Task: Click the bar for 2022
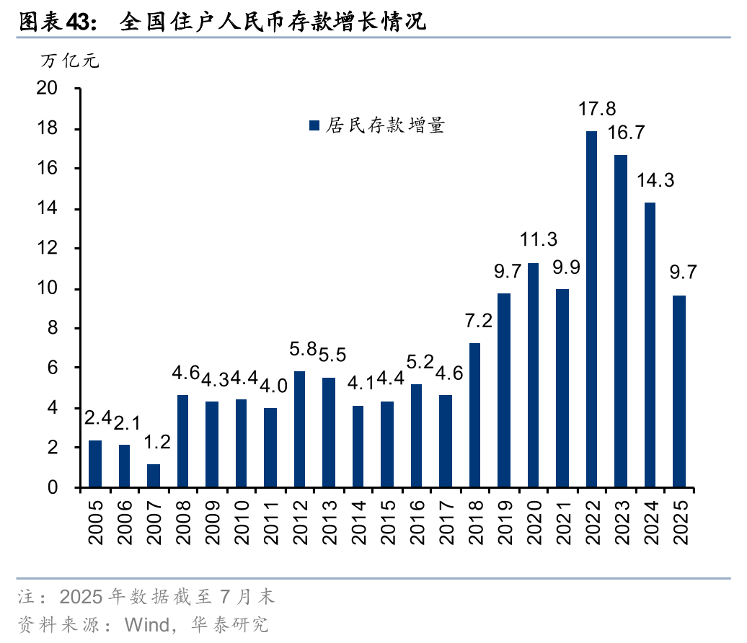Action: click(591, 309)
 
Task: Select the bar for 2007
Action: click(154, 476)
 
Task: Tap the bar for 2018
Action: click(474, 415)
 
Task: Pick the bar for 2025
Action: click(679, 391)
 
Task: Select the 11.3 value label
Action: click(539, 240)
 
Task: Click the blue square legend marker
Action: click(314, 125)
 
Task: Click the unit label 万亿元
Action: click(69, 61)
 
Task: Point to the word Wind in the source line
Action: click(146, 624)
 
